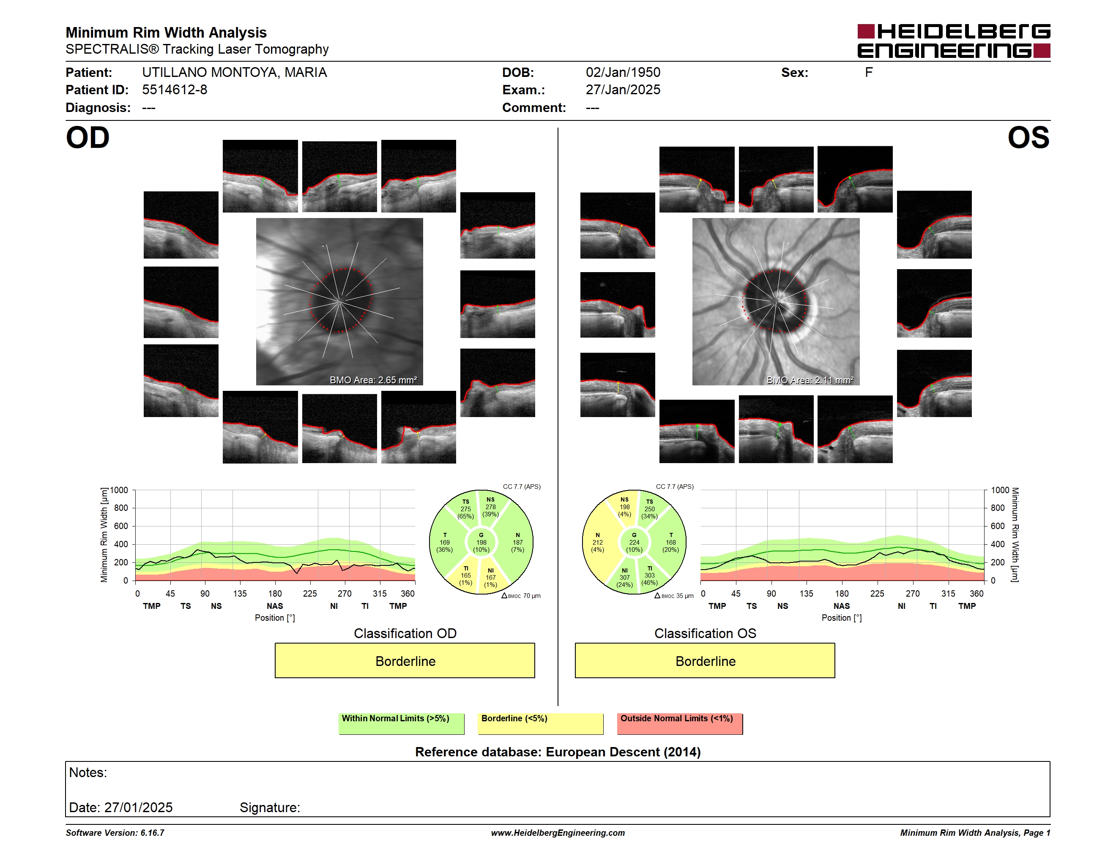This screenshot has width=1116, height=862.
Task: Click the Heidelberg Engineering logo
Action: tap(954, 41)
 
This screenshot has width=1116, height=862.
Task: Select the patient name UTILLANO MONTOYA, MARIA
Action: tap(235, 73)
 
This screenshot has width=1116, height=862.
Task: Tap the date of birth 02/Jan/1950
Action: tap(623, 73)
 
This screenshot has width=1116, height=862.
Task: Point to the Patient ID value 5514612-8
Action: tap(175, 90)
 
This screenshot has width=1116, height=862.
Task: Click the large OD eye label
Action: tap(88, 138)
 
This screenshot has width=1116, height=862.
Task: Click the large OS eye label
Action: tap(1028, 138)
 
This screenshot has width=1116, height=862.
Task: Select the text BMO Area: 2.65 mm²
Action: tap(373, 380)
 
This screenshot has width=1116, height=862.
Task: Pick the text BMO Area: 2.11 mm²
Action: tap(810, 380)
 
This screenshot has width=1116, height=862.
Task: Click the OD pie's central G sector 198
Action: tap(481, 542)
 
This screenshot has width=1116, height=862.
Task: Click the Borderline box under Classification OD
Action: tap(405, 660)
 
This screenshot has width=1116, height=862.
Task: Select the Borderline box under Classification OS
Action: tap(705, 660)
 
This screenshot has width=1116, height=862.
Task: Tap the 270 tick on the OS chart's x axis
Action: tap(913, 593)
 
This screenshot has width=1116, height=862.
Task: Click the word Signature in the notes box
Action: tap(270, 807)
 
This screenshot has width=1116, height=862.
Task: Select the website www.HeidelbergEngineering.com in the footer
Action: tap(558, 833)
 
